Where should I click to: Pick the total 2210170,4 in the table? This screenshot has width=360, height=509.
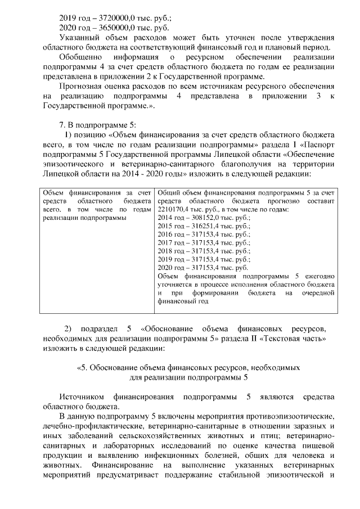click(x=174, y=209)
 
